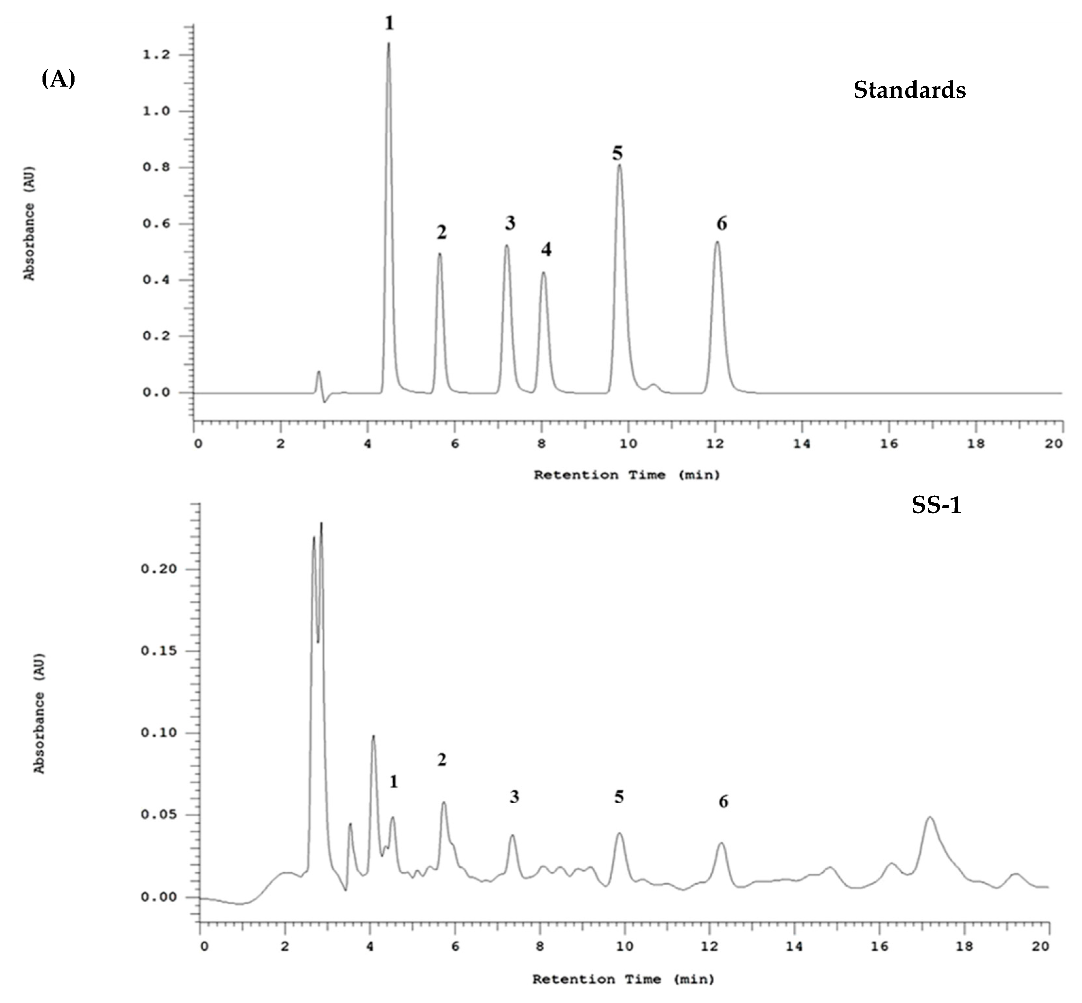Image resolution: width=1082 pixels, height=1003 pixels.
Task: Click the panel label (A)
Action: [x=58, y=79]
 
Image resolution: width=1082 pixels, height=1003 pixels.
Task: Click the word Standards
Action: [x=909, y=90]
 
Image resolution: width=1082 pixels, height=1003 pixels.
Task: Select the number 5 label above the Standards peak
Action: [x=617, y=154]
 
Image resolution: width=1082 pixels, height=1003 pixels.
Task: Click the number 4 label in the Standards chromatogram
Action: [x=546, y=250]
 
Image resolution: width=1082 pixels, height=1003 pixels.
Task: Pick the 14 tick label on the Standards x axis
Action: [x=802, y=443]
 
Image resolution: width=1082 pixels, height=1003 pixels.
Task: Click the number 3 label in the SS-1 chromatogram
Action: [x=514, y=797]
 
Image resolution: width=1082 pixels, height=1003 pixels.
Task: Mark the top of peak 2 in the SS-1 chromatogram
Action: [x=444, y=803]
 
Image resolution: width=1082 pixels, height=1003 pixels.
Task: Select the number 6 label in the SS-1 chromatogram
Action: [x=723, y=802]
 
